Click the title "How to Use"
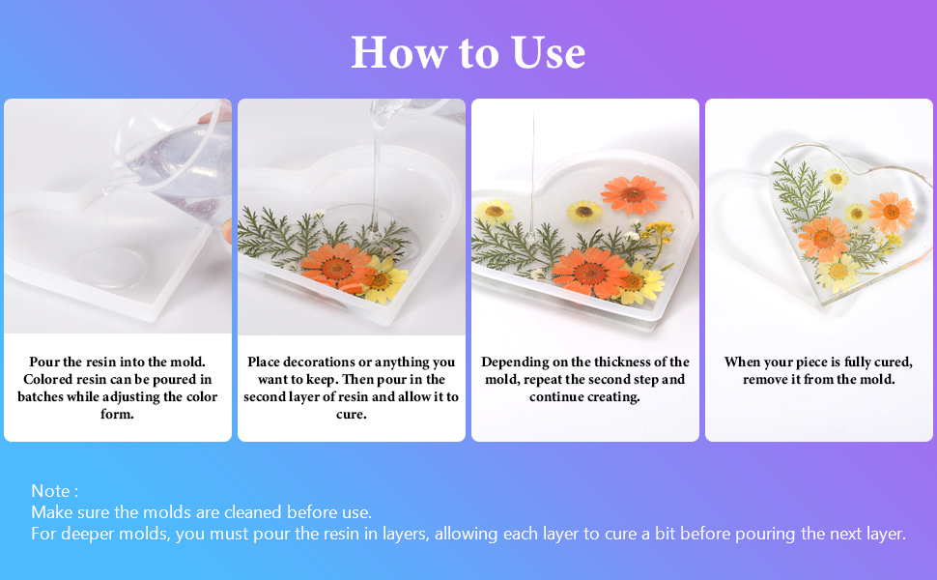pyautogui.click(x=468, y=52)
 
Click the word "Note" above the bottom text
pyautogui.click(x=51, y=491)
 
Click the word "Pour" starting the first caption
pyautogui.click(x=44, y=362)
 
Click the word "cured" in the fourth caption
pyautogui.click(x=892, y=362)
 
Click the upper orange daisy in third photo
pyautogui.click(x=634, y=193)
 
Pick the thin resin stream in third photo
pyautogui.click(x=531, y=174)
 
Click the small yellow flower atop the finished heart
pyautogui.click(x=837, y=178)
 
